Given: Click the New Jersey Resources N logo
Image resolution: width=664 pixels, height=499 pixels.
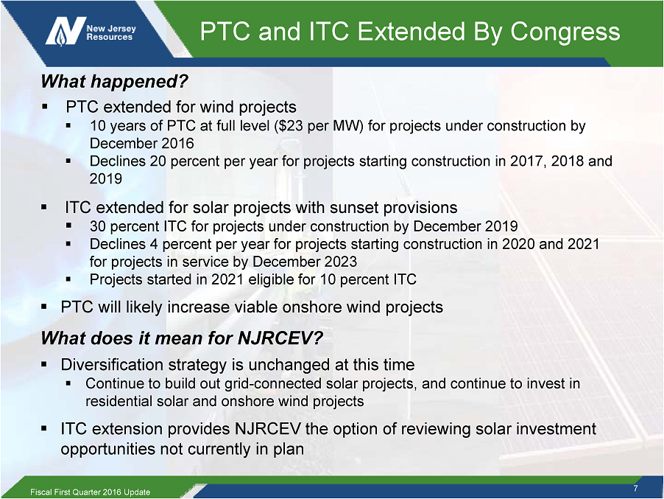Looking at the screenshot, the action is [x=65, y=31].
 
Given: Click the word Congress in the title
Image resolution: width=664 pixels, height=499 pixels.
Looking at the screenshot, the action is [x=565, y=32].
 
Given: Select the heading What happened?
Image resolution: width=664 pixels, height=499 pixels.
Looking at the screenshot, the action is [x=114, y=81].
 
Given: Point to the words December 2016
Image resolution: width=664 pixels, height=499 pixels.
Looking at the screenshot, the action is [x=141, y=143].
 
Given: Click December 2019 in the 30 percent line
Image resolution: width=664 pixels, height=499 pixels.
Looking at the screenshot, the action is [x=465, y=226].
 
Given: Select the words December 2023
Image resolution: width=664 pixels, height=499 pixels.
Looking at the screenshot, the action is [x=305, y=262].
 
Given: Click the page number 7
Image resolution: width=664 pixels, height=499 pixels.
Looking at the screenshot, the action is [x=635, y=488].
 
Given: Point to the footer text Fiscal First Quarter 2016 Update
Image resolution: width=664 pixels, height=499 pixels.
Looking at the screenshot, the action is [x=91, y=492].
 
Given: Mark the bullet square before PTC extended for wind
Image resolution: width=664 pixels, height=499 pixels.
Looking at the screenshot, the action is [x=44, y=107].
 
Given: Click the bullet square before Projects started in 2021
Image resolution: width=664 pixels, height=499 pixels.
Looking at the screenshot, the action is [x=68, y=279].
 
